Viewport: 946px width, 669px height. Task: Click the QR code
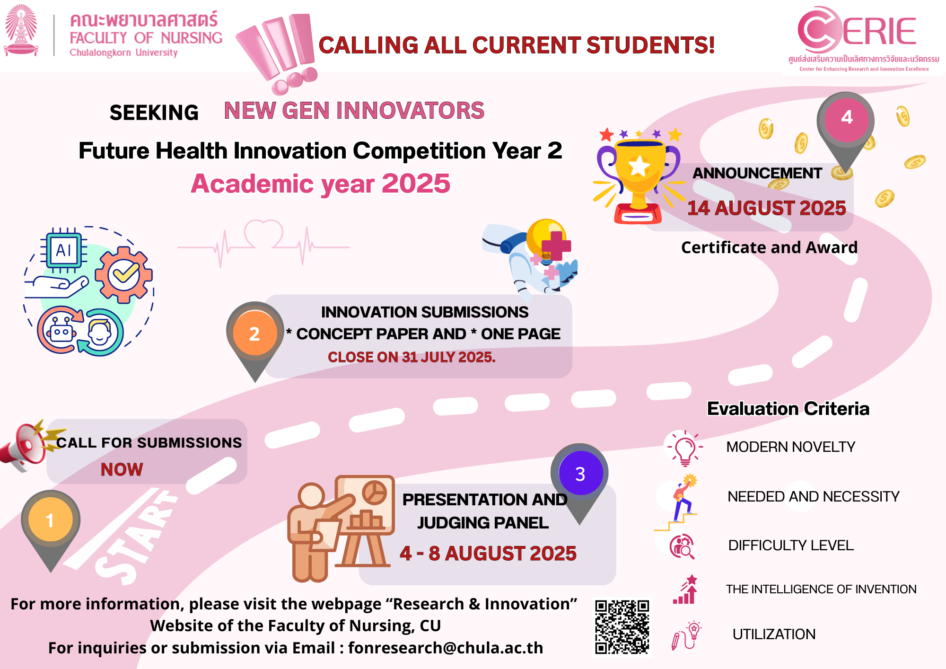622,627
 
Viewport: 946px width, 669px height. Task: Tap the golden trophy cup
638,177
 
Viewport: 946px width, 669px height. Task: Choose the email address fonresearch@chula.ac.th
446,648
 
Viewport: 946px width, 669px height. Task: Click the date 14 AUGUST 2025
766,208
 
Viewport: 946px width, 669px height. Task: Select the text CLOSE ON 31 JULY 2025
412,357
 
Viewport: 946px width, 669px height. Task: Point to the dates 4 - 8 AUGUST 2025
488,554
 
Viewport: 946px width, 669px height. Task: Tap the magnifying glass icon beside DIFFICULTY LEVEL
682,547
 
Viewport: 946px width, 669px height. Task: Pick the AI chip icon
63,250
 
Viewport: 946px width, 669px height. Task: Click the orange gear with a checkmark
124,275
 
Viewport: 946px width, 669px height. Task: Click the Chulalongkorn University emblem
21,30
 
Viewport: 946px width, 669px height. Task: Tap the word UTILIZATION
774,634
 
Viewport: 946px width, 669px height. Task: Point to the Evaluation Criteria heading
788,408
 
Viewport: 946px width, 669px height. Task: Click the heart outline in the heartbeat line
263,234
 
